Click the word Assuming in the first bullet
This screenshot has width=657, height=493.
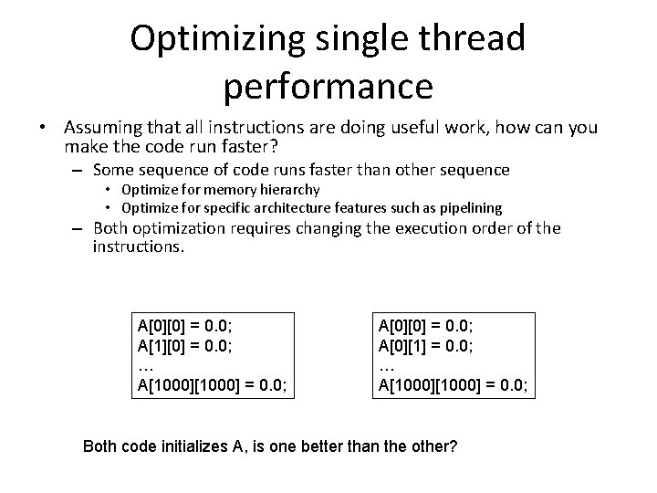102,129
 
